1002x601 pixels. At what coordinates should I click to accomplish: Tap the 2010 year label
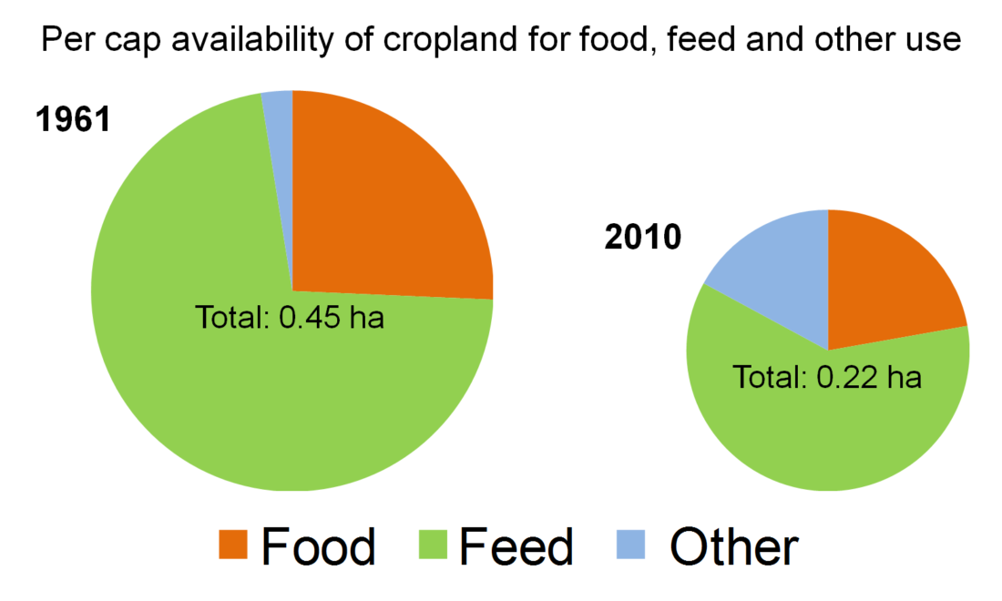[642, 238]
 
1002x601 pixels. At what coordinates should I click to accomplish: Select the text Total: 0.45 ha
[290, 319]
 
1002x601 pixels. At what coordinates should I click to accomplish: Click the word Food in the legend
[318, 547]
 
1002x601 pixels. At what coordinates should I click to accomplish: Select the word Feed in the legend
[516, 547]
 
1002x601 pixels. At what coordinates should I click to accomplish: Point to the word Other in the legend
[734, 547]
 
